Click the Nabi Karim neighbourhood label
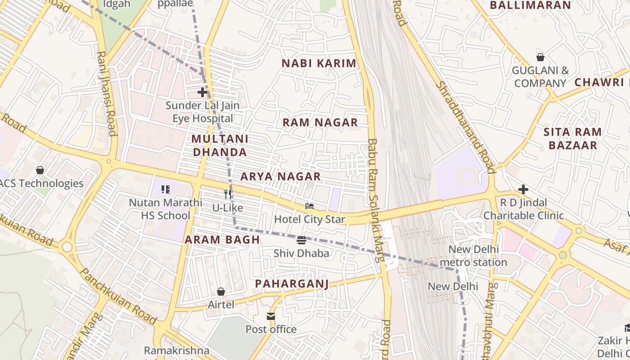tap(319, 63)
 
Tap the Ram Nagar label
tap(320, 122)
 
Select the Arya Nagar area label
tap(280, 176)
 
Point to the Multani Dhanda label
tap(220, 145)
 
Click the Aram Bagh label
tap(222, 240)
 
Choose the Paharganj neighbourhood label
tap(292, 283)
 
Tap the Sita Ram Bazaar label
tap(572, 139)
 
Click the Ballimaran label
tap(530, 5)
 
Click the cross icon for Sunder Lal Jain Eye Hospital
tap(202, 92)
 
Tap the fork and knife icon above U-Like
tap(228, 194)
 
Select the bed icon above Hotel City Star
tap(310, 206)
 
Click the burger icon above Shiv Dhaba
tap(301, 240)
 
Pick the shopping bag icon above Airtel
tap(221, 292)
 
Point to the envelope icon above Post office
tap(271, 316)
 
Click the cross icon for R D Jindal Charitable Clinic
tap(523, 189)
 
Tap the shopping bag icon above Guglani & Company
tap(540, 57)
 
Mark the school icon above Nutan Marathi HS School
tap(165, 189)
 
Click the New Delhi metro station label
tap(473, 256)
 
